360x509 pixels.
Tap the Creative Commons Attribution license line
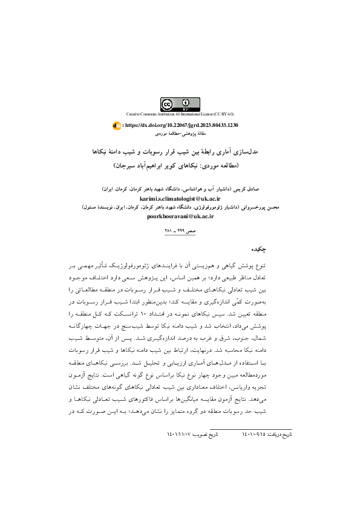tap(180, 114)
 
